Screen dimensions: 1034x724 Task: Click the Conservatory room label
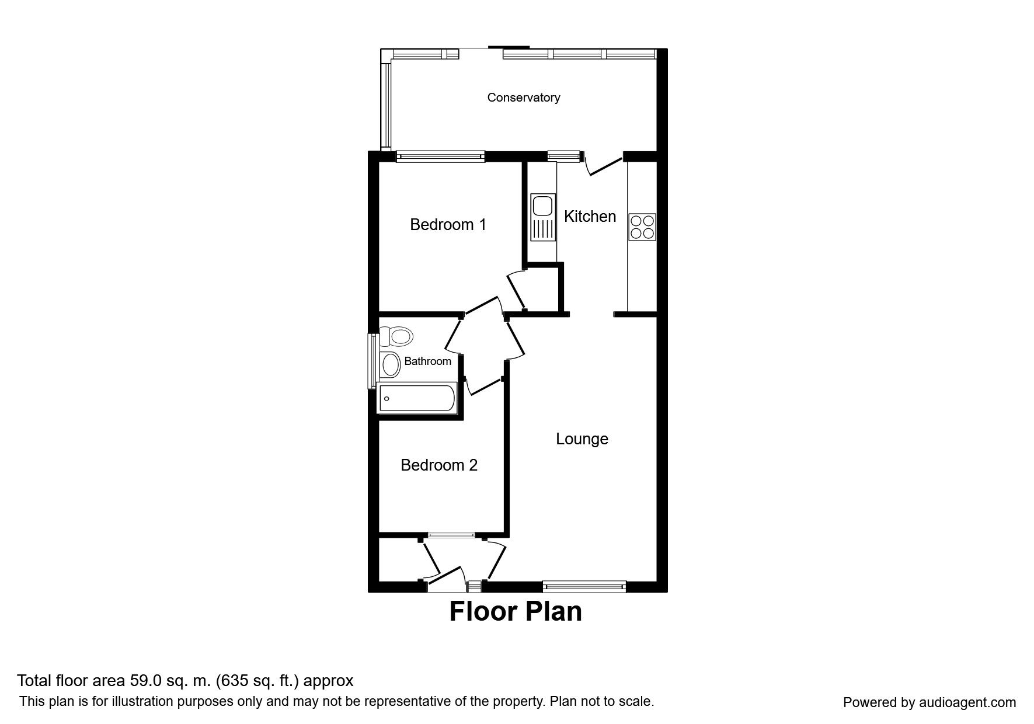pos(524,98)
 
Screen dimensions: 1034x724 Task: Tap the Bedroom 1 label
pos(448,224)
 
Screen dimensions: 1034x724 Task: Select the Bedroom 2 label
pos(439,465)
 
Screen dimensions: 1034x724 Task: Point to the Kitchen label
pos(590,216)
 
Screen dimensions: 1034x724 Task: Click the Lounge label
pos(582,439)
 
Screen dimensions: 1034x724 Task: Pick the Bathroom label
pos(427,361)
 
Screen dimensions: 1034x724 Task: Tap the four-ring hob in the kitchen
pos(642,227)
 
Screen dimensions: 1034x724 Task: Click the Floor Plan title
pos(516,611)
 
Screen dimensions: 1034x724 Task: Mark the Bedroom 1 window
pos(440,156)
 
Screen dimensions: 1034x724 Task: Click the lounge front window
pos(584,586)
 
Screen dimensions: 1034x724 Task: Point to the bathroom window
pos(371,360)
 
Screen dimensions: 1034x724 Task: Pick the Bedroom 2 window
pos(451,534)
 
